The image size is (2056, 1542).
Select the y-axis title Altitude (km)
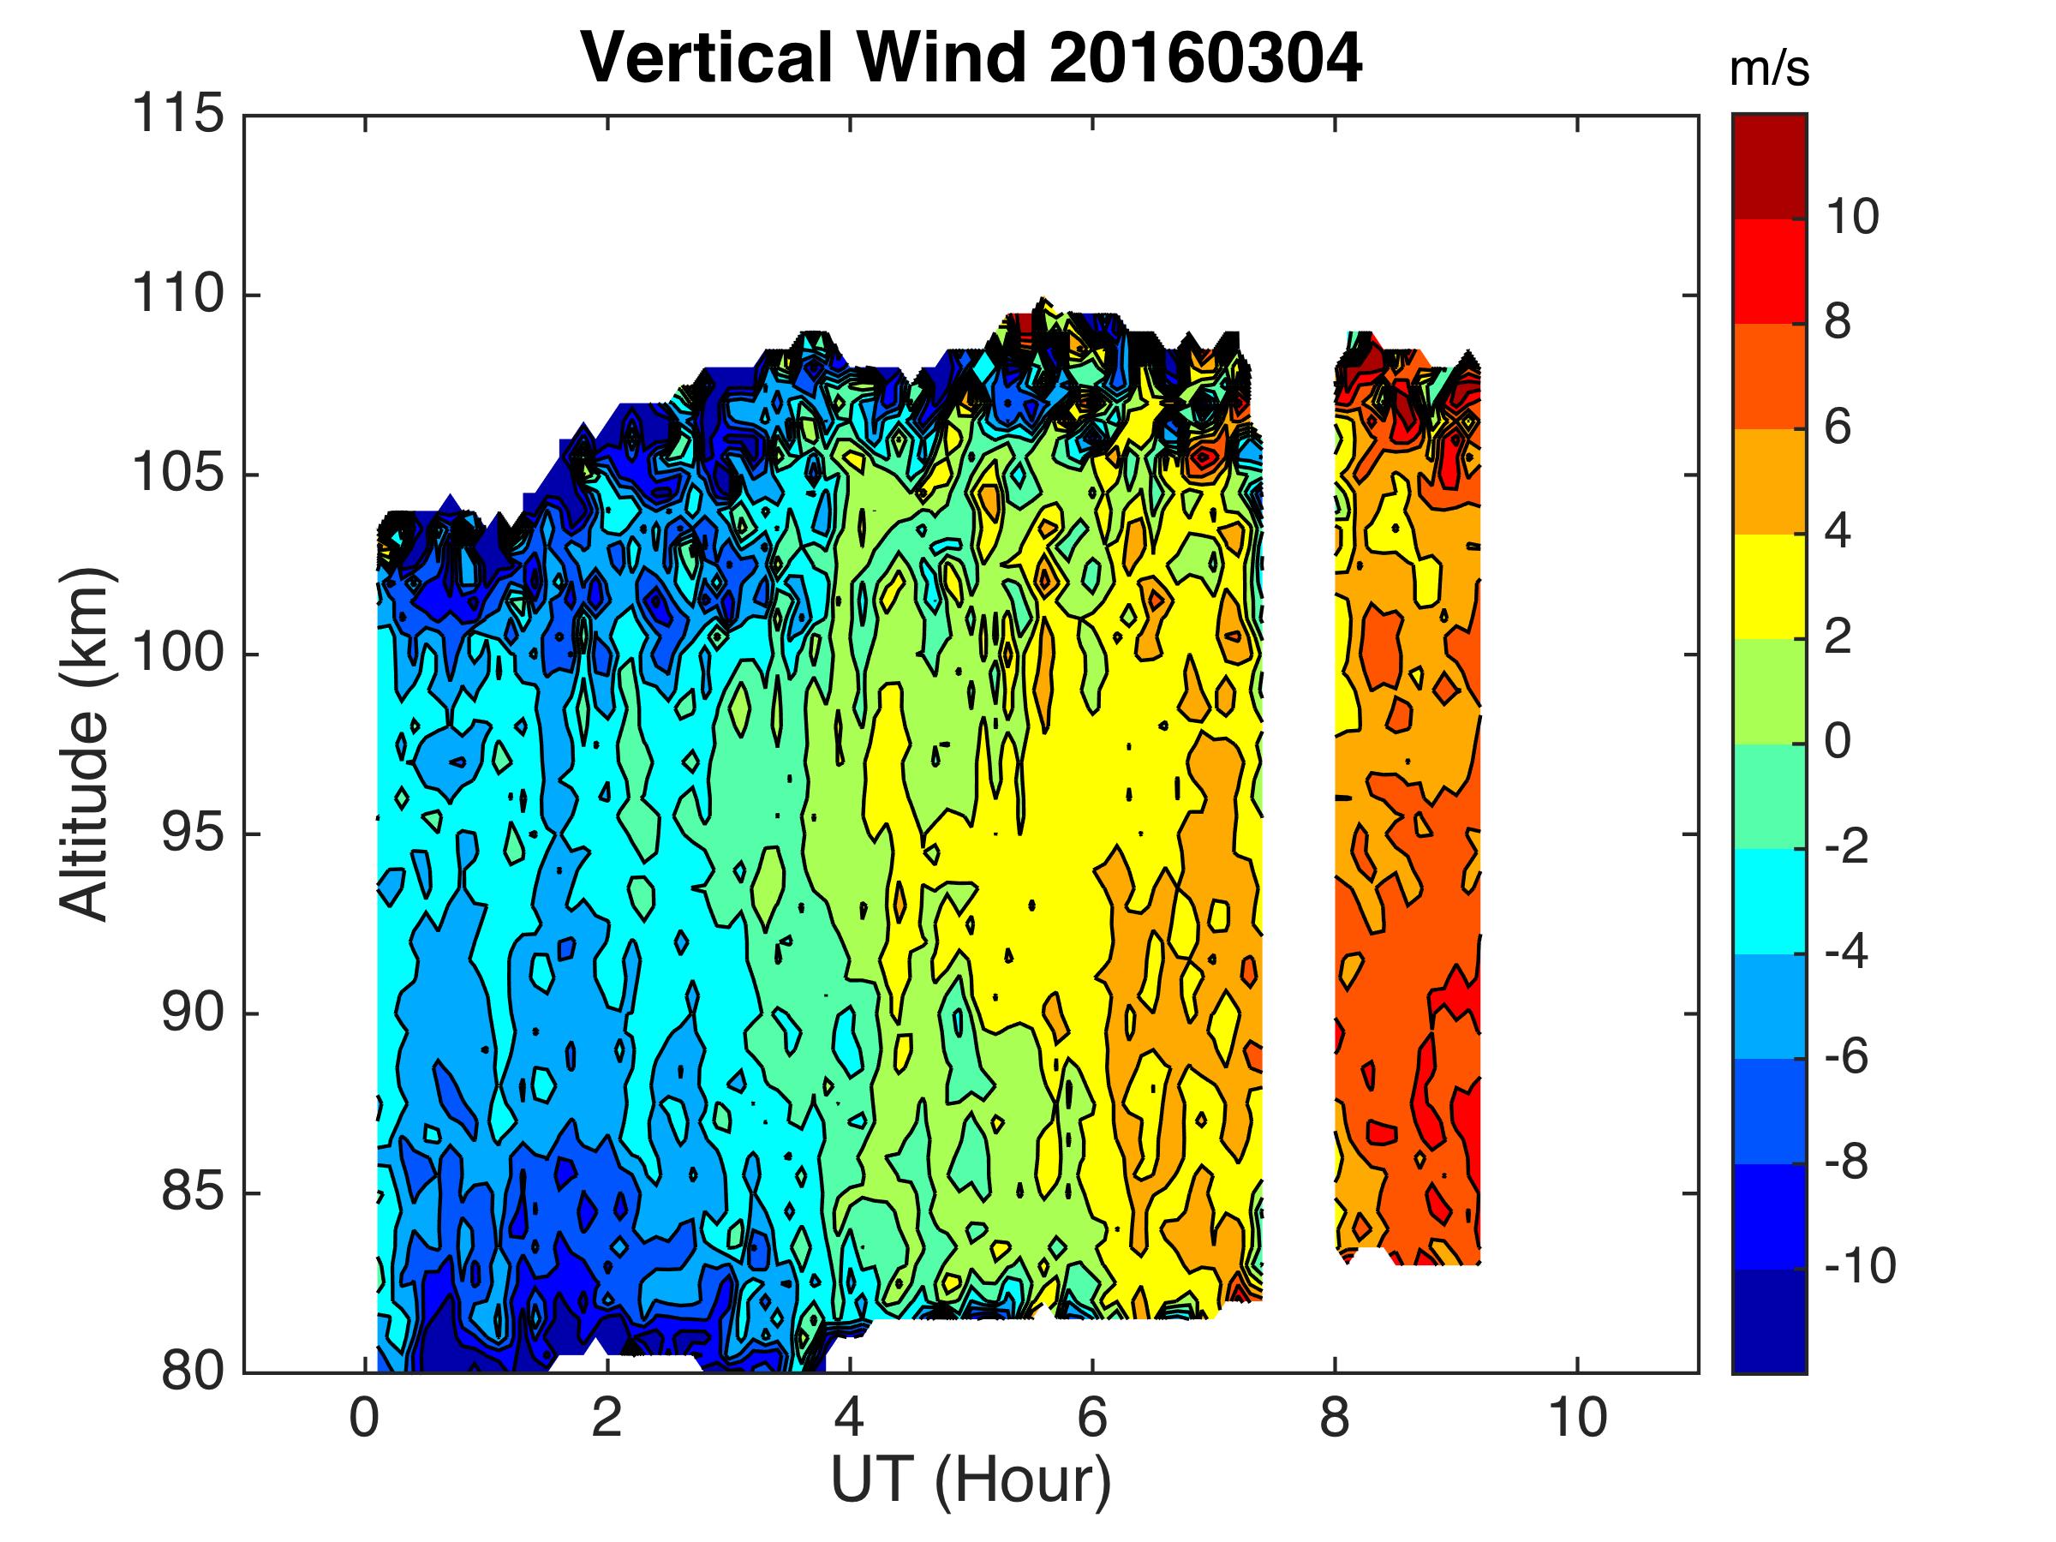coord(86,744)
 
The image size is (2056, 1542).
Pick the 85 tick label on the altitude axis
coord(193,1192)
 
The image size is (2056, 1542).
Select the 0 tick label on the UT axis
coord(363,1419)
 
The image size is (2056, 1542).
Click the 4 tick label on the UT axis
coord(850,1419)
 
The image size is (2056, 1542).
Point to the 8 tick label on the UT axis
coord(1335,1419)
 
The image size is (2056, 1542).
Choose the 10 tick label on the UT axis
coord(1577,1419)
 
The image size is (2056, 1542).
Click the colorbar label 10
coord(1851,218)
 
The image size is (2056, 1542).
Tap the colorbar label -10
coord(1859,1267)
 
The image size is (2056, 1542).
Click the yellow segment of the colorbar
coord(1770,587)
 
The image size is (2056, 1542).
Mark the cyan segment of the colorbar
coord(1770,901)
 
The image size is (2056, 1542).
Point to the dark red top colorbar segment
coord(1770,166)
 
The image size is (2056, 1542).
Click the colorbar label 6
coord(1838,428)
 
